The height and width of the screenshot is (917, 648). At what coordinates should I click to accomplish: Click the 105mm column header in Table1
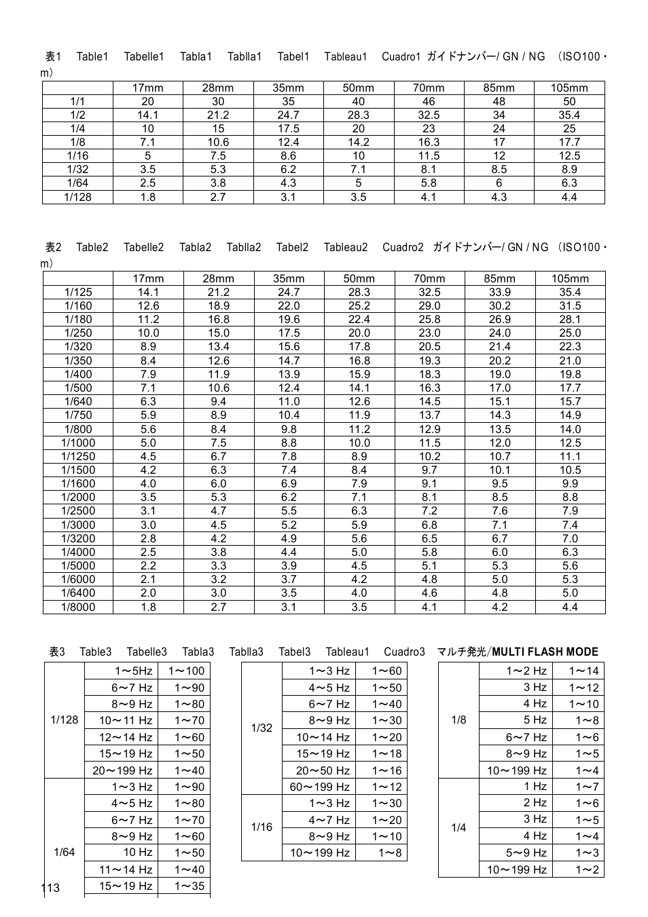pos(569,88)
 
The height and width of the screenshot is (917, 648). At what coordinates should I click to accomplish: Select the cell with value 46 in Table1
pos(429,101)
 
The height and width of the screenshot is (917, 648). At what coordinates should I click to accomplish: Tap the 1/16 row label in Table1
pos(77,155)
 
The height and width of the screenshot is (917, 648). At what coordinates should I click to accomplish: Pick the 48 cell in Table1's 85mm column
pos(499,101)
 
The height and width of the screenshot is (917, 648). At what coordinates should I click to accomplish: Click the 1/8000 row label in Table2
pos(78,607)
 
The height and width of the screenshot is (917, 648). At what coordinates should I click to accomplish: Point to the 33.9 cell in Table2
pos(499,292)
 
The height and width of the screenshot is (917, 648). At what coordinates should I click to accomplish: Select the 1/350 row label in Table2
pos(78,360)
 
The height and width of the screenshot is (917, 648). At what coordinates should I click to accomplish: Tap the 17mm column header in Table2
pos(148,278)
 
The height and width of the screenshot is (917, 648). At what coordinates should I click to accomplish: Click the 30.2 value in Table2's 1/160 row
pos(499,305)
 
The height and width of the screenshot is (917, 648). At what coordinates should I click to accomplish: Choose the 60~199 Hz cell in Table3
pos(319,787)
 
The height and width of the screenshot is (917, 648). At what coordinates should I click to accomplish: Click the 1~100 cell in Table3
pos(185,671)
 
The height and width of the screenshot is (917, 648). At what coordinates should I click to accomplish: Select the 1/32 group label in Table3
pos(262,728)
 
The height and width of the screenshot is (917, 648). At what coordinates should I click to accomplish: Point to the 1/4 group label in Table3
pos(459,827)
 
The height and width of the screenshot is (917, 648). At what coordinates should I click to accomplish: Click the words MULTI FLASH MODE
pos(545,652)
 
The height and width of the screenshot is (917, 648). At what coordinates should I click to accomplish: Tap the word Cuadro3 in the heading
pos(404,652)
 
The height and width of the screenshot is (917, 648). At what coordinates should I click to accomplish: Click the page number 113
pos(50,888)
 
